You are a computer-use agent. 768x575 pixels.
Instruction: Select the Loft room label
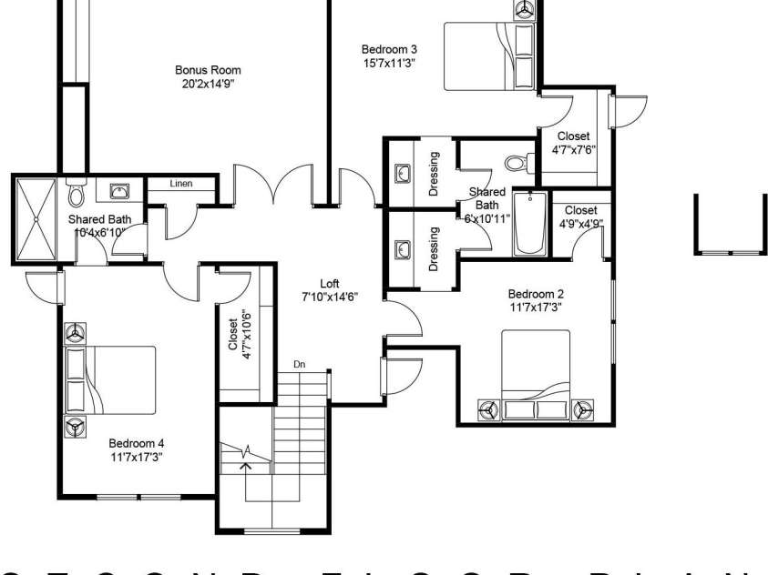329,290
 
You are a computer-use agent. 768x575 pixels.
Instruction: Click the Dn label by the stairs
299,365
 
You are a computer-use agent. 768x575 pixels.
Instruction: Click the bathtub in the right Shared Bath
527,224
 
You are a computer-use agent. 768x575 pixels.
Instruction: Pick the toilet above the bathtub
517,163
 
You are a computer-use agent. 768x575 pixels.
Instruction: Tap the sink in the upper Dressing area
403,173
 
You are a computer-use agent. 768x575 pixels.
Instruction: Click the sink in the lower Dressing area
403,247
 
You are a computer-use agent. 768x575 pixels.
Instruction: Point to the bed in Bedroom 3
488,55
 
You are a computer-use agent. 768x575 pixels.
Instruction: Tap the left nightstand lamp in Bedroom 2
487,409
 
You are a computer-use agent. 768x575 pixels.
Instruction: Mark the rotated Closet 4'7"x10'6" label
240,336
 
